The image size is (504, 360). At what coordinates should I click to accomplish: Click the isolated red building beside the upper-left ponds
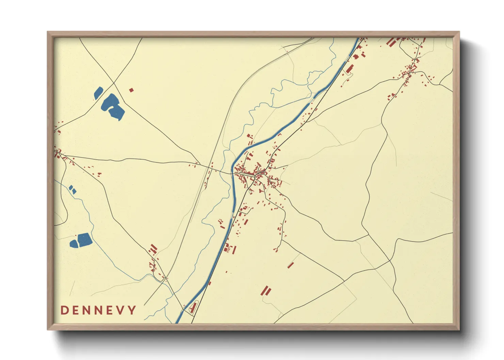click(x=131, y=90)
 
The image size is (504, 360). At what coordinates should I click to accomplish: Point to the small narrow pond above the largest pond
click(x=98, y=93)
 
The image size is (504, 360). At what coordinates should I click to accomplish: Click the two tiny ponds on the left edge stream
click(x=73, y=190)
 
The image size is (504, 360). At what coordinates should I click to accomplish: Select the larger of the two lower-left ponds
click(x=84, y=240)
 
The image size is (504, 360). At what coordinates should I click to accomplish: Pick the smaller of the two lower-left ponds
click(x=74, y=244)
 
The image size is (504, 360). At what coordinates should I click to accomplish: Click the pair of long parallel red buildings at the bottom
click(x=266, y=291)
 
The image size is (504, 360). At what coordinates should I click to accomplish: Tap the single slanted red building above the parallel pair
click(x=290, y=265)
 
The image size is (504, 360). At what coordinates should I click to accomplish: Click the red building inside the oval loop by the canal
click(x=193, y=308)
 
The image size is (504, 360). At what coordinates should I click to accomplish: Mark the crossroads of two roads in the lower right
click(x=390, y=261)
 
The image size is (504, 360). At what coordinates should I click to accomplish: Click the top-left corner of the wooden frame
click(x=48, y=32)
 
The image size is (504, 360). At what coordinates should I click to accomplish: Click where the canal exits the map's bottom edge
click(x=178, y=322)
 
